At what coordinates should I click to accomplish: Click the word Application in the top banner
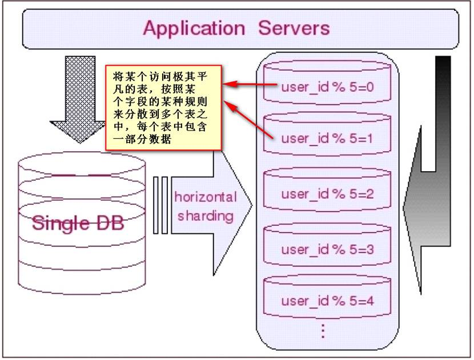194,29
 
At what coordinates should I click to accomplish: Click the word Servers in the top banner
294,28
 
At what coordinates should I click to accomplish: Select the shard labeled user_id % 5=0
327,82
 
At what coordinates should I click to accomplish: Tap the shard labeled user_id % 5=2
327,189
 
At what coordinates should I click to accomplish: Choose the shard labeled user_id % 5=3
327,245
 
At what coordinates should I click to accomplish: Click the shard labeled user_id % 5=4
327,297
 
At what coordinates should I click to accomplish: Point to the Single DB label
78,224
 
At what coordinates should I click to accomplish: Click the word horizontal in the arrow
206,197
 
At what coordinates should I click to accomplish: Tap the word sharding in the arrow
206,216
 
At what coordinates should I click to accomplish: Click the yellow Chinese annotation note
163,107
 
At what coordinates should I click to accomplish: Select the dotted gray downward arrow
80,100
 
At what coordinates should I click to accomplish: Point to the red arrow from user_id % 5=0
250,84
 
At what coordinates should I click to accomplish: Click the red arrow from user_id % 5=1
248,120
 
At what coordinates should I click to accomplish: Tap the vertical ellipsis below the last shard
323,331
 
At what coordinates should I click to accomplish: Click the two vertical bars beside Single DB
160,205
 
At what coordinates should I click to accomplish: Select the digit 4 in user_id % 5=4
369,301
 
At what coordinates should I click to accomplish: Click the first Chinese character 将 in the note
118,76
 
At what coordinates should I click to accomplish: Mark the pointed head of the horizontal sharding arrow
251,205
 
